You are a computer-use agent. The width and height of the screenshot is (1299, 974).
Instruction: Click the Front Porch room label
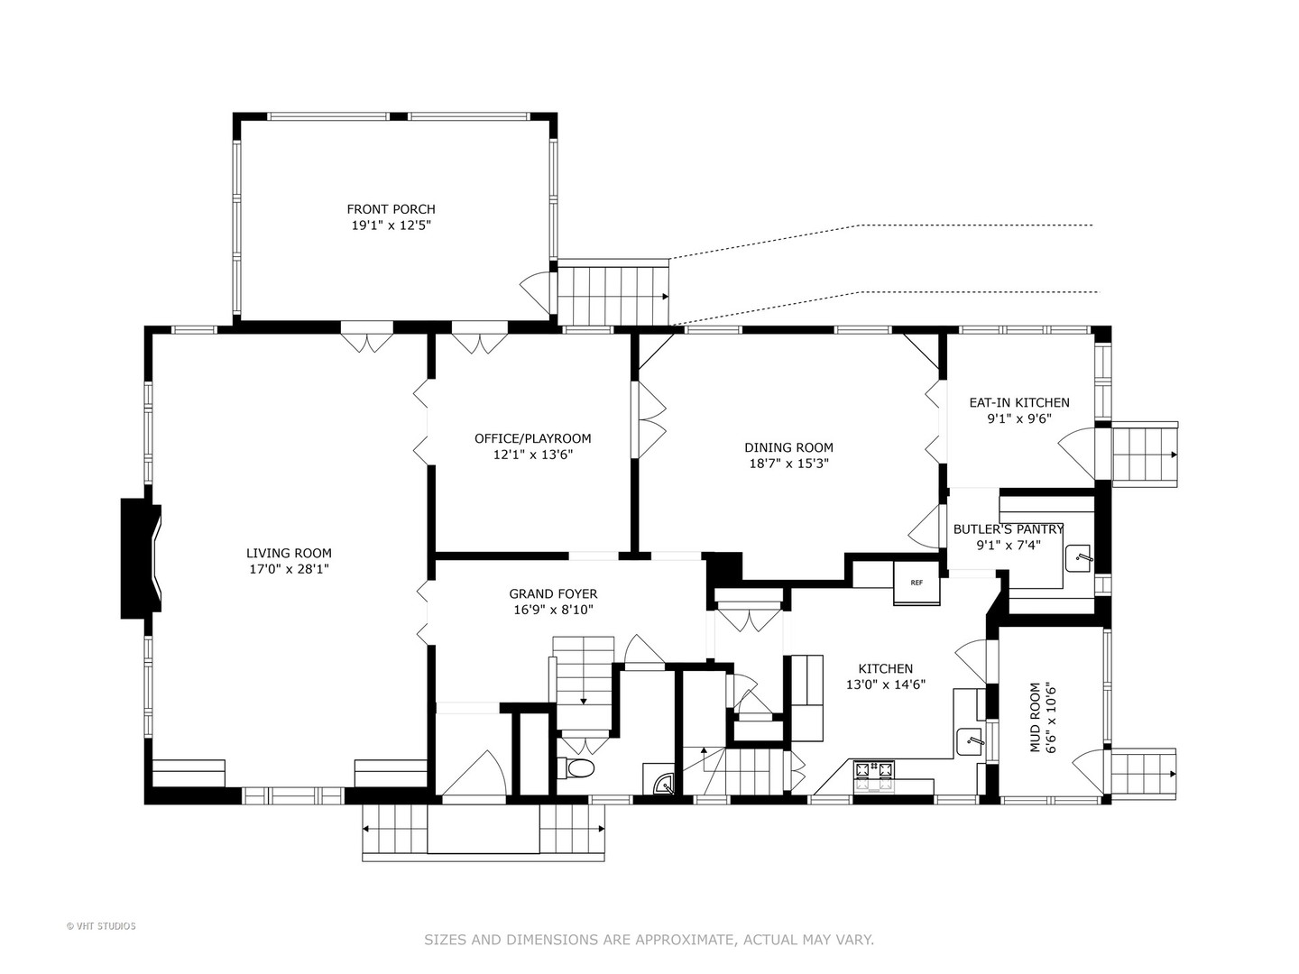pyautogui.click(x=391, y=208)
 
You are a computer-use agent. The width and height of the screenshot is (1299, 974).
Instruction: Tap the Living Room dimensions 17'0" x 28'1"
pyautogui.click(x=289, y=569)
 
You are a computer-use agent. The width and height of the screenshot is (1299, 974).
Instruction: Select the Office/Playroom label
pyautogui.click(x=532, y=438)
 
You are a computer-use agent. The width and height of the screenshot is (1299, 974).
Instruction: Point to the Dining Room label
pyautogui.click(x=788, y=447)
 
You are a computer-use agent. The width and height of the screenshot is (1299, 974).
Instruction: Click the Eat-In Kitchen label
pyautogui.click(x=1019, y=403)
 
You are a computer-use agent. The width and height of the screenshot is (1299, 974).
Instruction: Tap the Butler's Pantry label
pyautogui.click(x=1009, y=529)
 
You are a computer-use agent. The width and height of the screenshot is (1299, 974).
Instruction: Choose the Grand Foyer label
pyautogui.click(x=553, y=593)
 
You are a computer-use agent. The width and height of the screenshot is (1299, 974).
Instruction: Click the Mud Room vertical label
pyautogui.click(x=1035, y=718)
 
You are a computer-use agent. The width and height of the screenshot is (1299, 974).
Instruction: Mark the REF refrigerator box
pyautogui.click(x=917, y=583)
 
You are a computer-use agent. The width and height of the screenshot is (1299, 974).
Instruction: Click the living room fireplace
pyautogui.click(x=141, y=558)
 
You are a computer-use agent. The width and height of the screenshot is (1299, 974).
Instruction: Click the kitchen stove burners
pyautogui.click(x=873, y=777)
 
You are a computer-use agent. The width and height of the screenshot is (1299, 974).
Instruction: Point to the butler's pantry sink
pyautogui.click(x=1078, y=558)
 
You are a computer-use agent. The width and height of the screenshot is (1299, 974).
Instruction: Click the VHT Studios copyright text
pyautogui.click(x=101, y=926)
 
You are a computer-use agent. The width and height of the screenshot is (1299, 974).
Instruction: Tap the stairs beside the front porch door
pyautogui.click(x=613, y=293)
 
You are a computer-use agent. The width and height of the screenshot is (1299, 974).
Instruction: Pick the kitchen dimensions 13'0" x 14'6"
pyautogui.click(x=886, y=685)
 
